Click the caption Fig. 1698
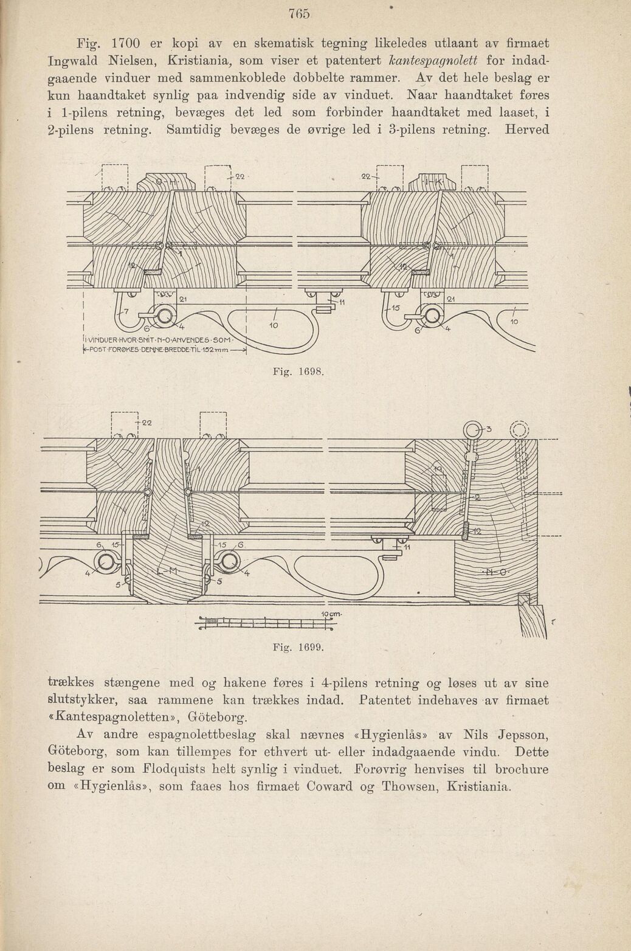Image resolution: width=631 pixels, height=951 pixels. pos(298,372)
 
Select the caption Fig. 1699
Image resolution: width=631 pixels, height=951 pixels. pos(298,648)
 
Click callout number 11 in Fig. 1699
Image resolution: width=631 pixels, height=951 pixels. pos(407,548)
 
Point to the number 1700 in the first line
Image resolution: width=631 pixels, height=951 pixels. pos(126,44)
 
